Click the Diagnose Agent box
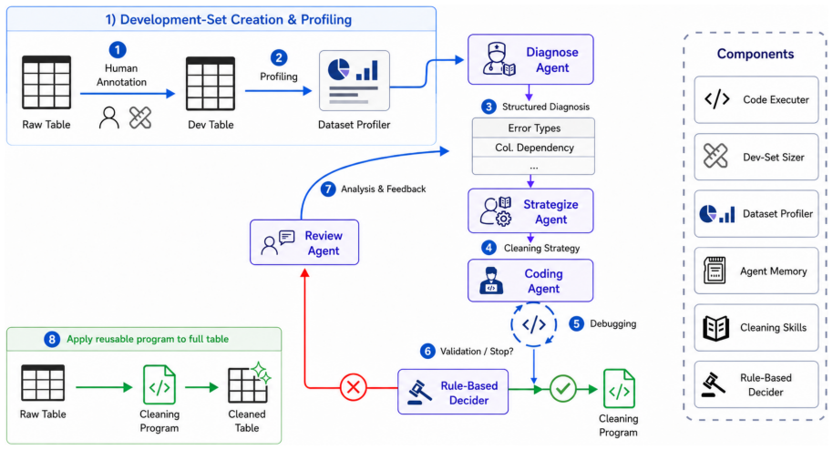click(530, 59)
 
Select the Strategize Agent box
click(530, 211)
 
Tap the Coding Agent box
click(530, 281)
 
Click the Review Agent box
click(304, 242)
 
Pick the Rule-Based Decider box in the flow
click(453, 392)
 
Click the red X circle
click(354, 387)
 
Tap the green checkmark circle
click(562, 389)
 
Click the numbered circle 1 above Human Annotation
click(118, 50)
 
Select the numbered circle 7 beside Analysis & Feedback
click(328, 189)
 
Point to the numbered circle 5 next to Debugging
click(576, 323)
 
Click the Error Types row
click(533, 128)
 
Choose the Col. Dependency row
click(533, 148)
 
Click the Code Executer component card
click(756, 100)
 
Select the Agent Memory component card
click(756, 271)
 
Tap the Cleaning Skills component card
click(756, 328)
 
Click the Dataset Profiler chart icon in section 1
click(355, 81)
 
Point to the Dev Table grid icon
click(211, 84)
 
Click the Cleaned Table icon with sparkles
click(249, 383)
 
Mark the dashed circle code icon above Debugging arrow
click(533, 324)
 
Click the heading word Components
click(756, 54)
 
